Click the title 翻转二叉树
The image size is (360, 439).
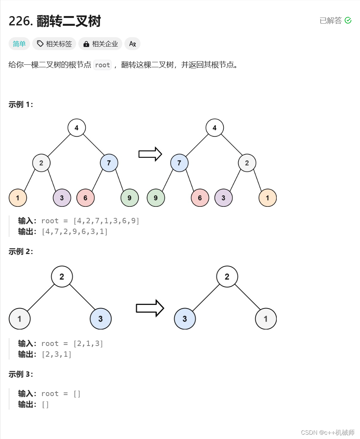69,21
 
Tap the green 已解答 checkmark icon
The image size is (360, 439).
348,21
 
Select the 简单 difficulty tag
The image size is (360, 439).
19,44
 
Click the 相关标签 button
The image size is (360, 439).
54,44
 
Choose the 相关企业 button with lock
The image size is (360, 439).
100,44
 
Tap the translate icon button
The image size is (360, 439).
132,44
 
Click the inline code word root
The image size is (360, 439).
103,65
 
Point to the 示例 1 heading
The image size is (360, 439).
21,104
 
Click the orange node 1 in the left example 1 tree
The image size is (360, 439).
18,198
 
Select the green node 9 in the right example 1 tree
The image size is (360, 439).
156,198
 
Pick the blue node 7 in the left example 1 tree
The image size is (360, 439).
109,163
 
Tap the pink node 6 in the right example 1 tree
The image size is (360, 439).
200,198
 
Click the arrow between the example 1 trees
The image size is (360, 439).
150,154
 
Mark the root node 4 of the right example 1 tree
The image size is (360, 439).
214,128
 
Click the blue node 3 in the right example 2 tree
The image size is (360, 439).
185,319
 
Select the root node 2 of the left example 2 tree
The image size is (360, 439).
62,277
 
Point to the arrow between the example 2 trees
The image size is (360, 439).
150,308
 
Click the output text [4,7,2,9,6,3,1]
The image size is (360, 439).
74,231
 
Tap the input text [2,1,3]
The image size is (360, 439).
88,343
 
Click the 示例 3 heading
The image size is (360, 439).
21,374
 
